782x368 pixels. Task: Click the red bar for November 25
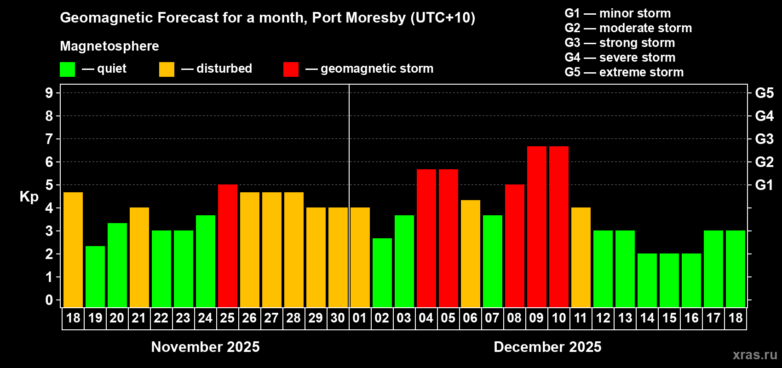228,246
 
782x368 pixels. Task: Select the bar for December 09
537,227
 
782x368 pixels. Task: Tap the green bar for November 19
95,277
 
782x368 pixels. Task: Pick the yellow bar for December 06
471,254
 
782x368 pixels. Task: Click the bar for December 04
426,238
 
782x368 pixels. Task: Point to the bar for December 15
669,281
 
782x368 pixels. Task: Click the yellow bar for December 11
581,258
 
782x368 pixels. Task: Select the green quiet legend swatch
68,69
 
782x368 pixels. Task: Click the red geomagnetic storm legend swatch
291,69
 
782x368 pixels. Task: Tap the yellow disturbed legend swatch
167,69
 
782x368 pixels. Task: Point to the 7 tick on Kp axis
49,139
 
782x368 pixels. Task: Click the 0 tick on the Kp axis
49,300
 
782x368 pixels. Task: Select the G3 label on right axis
764,139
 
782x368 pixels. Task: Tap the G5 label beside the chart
764,93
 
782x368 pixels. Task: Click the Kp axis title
29,197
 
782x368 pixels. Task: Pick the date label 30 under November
338,318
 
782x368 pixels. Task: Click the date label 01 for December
360,318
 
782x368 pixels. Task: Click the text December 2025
547,347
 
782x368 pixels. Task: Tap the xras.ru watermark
755,355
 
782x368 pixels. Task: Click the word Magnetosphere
109,46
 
